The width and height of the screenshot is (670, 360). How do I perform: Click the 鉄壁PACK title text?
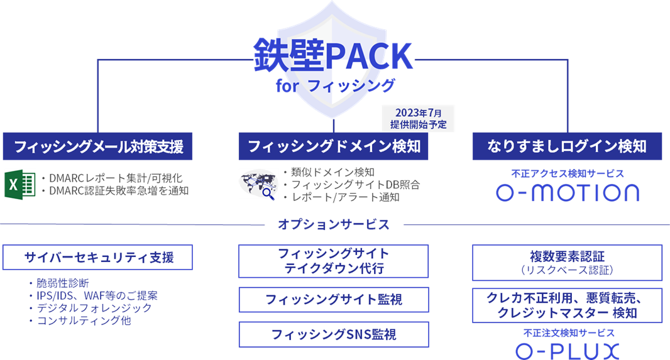(333, 55)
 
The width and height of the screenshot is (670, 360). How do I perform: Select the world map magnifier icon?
(258, 184)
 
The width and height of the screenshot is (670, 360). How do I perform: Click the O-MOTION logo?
(568, 192)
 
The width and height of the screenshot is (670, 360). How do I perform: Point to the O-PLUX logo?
(567, 351)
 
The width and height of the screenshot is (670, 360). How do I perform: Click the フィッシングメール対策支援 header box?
(98, 146)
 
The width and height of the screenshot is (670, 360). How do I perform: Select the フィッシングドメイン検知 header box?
(333, 146)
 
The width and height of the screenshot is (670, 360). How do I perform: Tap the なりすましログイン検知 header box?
(567, 146)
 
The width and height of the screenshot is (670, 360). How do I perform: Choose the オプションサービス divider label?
(333, 224)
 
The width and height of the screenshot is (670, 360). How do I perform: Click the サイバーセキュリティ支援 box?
(98, 257)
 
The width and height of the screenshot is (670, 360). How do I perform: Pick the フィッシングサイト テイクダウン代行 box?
(333, 261)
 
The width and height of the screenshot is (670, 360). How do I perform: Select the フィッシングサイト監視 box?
(333, 300)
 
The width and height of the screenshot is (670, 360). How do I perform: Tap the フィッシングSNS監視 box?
(333, 334)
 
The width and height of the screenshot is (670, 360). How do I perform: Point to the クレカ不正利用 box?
(567, 305)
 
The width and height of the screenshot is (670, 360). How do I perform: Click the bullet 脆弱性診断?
(67, 283)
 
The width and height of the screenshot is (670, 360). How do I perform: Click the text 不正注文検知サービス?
(567, 332)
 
